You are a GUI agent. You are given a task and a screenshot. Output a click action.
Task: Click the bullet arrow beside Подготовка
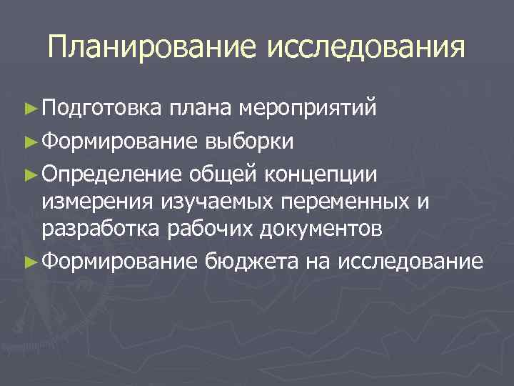pos(29,109)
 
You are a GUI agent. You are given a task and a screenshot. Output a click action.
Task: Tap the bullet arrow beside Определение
pos(29,172)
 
